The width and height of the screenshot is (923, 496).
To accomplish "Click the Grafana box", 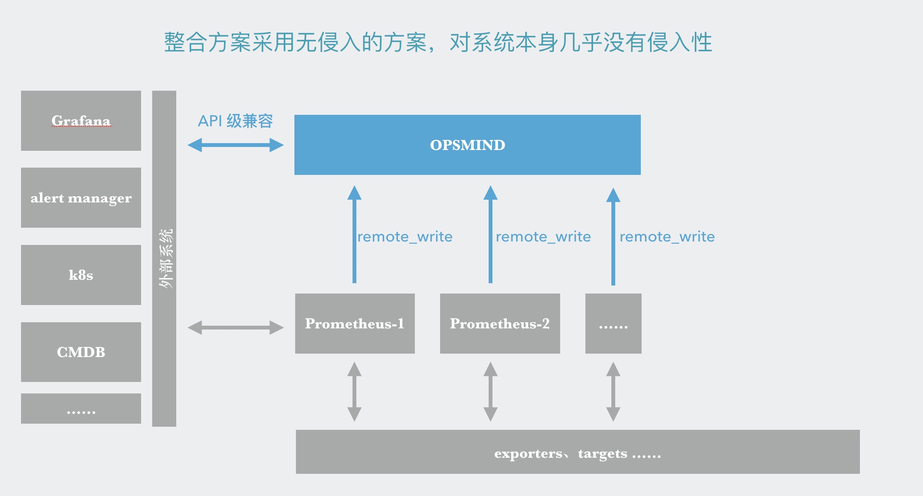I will click(x=81, y=121).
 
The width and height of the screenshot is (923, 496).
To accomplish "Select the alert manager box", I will click(x=81, y=197).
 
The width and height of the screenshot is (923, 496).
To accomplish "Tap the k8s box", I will click(x=81, y=275).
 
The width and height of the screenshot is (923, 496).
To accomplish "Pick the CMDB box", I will click(x=81, y=352).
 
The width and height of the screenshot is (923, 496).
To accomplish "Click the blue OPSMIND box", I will click(x=467, y=145).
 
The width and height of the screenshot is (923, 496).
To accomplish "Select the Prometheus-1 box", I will click(x=355, y=323).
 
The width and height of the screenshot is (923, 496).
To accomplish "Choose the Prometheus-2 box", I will click(x=500, y=323).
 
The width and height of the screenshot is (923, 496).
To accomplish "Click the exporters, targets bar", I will click(x=577, y=452).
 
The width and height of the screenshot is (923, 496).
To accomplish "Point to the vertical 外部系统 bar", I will click(x=164, y=258).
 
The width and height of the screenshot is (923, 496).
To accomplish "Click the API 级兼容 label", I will click(x=235, y=121).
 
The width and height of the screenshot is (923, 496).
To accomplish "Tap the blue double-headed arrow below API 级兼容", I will click(x=236, y=145).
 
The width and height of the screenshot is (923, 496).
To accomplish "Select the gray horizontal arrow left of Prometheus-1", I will click(x=236, y=328).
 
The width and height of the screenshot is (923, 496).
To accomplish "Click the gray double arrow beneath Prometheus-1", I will click(x=354, y=392).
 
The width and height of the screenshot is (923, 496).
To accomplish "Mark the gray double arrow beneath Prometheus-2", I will click(x=491, y=392).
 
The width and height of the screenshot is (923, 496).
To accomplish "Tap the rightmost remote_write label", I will click(x=667, y=237).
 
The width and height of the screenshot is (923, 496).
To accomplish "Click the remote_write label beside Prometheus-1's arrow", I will click(x=405, y=237).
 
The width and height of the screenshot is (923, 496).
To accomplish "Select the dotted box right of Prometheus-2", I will click(x=613, y=323).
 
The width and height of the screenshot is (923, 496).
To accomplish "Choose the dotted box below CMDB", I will click(x=81, y=408).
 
